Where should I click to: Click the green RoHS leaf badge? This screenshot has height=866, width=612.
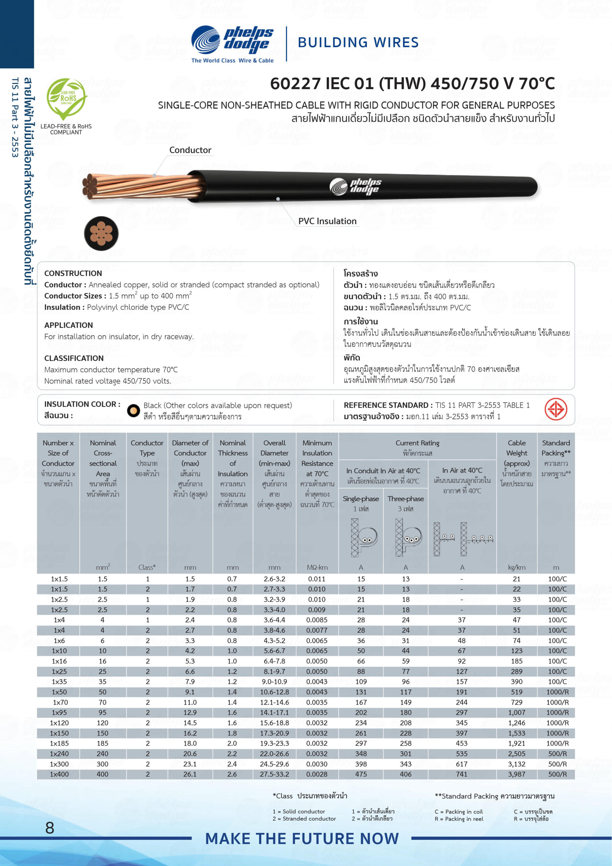(66, 99)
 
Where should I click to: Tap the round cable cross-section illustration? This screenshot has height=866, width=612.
(101, 233)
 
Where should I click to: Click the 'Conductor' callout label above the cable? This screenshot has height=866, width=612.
(190, 150)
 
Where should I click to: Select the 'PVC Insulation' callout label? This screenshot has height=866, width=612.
(327, 221)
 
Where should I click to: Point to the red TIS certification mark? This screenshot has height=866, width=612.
(556, 409)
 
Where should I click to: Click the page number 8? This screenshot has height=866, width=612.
(50, 828)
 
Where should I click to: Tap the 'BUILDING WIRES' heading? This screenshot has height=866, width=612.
(358, 42)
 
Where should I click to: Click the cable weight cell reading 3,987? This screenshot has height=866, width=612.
(516, 774)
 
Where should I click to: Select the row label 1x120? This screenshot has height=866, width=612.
(59, 723)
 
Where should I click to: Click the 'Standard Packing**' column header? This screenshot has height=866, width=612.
(556, 448)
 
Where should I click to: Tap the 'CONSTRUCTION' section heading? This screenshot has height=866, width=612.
(73, 273)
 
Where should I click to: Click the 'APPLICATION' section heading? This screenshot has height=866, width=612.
(69, 325)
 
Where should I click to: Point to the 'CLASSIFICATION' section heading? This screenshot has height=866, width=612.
(74, 358)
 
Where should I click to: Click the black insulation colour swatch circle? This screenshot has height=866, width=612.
(134, 411)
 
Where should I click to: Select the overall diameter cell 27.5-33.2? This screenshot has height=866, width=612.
(274, 774)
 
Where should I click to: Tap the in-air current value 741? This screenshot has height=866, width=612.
(462, 774)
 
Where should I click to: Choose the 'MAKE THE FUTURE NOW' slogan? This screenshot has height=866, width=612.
(302, 839)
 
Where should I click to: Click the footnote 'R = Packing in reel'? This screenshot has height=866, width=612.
(458, 819)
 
